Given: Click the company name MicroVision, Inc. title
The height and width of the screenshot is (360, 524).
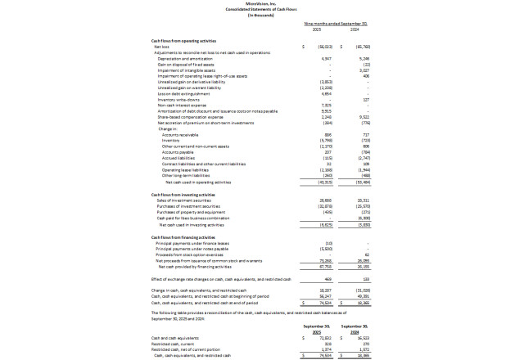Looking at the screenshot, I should point(262,4).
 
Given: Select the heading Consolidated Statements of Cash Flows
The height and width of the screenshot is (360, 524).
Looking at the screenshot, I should point(262,10).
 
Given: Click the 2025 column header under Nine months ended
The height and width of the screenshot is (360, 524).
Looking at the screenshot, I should point(321,32).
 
